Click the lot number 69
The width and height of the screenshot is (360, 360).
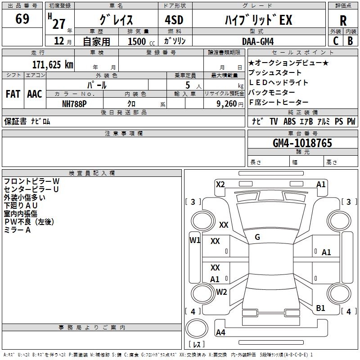click(x=22, y=19)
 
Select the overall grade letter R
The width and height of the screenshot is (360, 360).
click(x=343, y=20)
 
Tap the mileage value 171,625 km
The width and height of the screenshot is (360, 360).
click(x=53, y=65)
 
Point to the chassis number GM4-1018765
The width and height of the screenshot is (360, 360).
click(x=302, y=143)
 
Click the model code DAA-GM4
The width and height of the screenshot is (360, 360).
click(x=258, y=41)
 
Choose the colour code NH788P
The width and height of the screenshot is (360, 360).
click(x=74, y=104)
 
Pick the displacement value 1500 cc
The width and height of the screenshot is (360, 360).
click(x=141, y=41)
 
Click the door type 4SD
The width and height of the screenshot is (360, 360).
click(x=174, y=20)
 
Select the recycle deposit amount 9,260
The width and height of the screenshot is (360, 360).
click(x=227, y=104)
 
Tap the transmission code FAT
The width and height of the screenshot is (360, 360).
click(x=13, y=94)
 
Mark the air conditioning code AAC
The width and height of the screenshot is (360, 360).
click(x=35, y=94)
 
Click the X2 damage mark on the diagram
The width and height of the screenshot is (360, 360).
click(x=220, y=184)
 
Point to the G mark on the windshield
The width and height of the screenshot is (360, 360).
click(x=257, y=237)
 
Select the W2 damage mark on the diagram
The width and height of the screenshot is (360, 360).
click(x=221, y=292)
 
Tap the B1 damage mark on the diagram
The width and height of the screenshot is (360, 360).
click(x=320, y=308)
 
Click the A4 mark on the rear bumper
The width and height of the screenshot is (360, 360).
click(x=220, y=332)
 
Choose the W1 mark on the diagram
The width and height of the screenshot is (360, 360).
click(x=195, y=240)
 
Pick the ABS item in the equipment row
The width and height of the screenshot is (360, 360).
click(x=289, y=121)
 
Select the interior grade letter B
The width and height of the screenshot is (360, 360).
click(x=350, y=41)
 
